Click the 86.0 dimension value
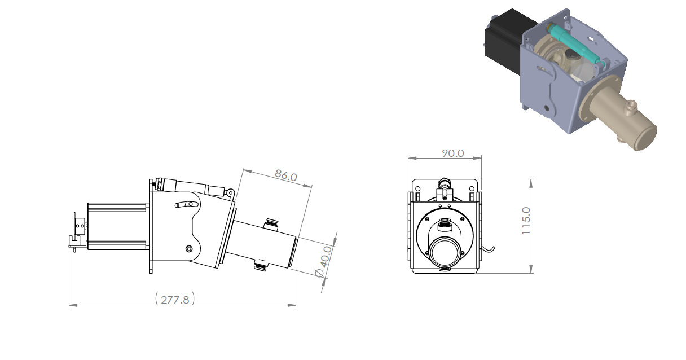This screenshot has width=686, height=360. (286, 175)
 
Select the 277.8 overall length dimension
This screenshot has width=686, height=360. (175, 300)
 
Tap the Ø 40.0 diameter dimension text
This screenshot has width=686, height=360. (324, 261)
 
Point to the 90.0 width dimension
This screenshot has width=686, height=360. (452, 153)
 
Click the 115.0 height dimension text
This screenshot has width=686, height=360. (526, 221)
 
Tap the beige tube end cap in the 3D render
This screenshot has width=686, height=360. (645, 135)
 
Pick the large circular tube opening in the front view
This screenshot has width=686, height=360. (445, 252)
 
